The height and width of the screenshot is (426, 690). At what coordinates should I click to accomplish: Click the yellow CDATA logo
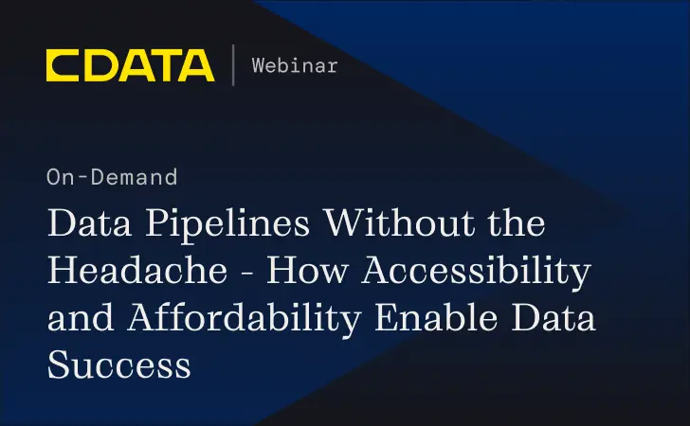click(x=130, y=65)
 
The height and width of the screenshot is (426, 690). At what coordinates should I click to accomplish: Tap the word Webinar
click(x=295, y=65)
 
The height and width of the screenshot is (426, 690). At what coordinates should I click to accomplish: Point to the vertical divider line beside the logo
click(x=233, y=65)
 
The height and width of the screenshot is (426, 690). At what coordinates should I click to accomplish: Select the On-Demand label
click(x=111, y=176)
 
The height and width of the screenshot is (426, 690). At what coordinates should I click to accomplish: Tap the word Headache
click(x=136, y=272)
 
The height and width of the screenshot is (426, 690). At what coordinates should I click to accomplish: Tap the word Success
click(x=118, y=364)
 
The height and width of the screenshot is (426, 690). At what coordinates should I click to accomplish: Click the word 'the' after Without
click(x=517, y=225)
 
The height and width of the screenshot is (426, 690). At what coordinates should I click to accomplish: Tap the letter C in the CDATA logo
click(x=63, y=65)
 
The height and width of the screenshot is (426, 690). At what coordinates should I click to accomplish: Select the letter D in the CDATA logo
click(x=98, y=65)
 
